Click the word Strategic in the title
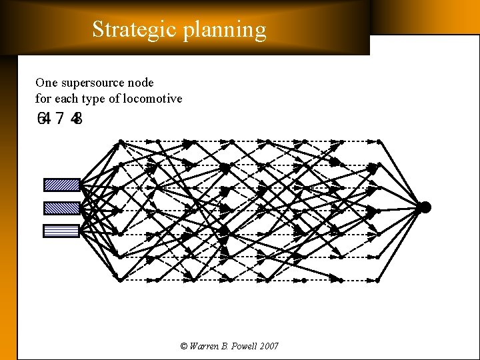tap(132, 29)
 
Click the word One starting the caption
tap(46, 83)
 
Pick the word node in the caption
tap(139, 83)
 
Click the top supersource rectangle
tap(62, 185)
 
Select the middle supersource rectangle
tap(62, 208)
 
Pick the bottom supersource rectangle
tap(62, 231)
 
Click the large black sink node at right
tap(425, 207)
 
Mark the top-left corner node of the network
tap(120, 141)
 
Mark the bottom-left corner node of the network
tap(120, 280)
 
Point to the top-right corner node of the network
tap(378, 141)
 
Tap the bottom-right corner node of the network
tap(378, 280)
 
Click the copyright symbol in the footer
tap(184, 346)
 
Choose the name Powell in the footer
tap(243, 346)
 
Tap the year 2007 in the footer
tap(269, 346)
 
